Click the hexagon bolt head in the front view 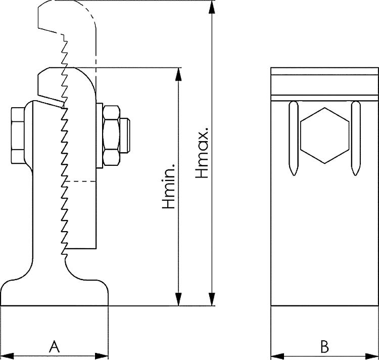(324, 135)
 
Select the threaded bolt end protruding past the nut (127, 135)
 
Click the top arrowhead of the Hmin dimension (178, 74)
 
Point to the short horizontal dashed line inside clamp (81, 181)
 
